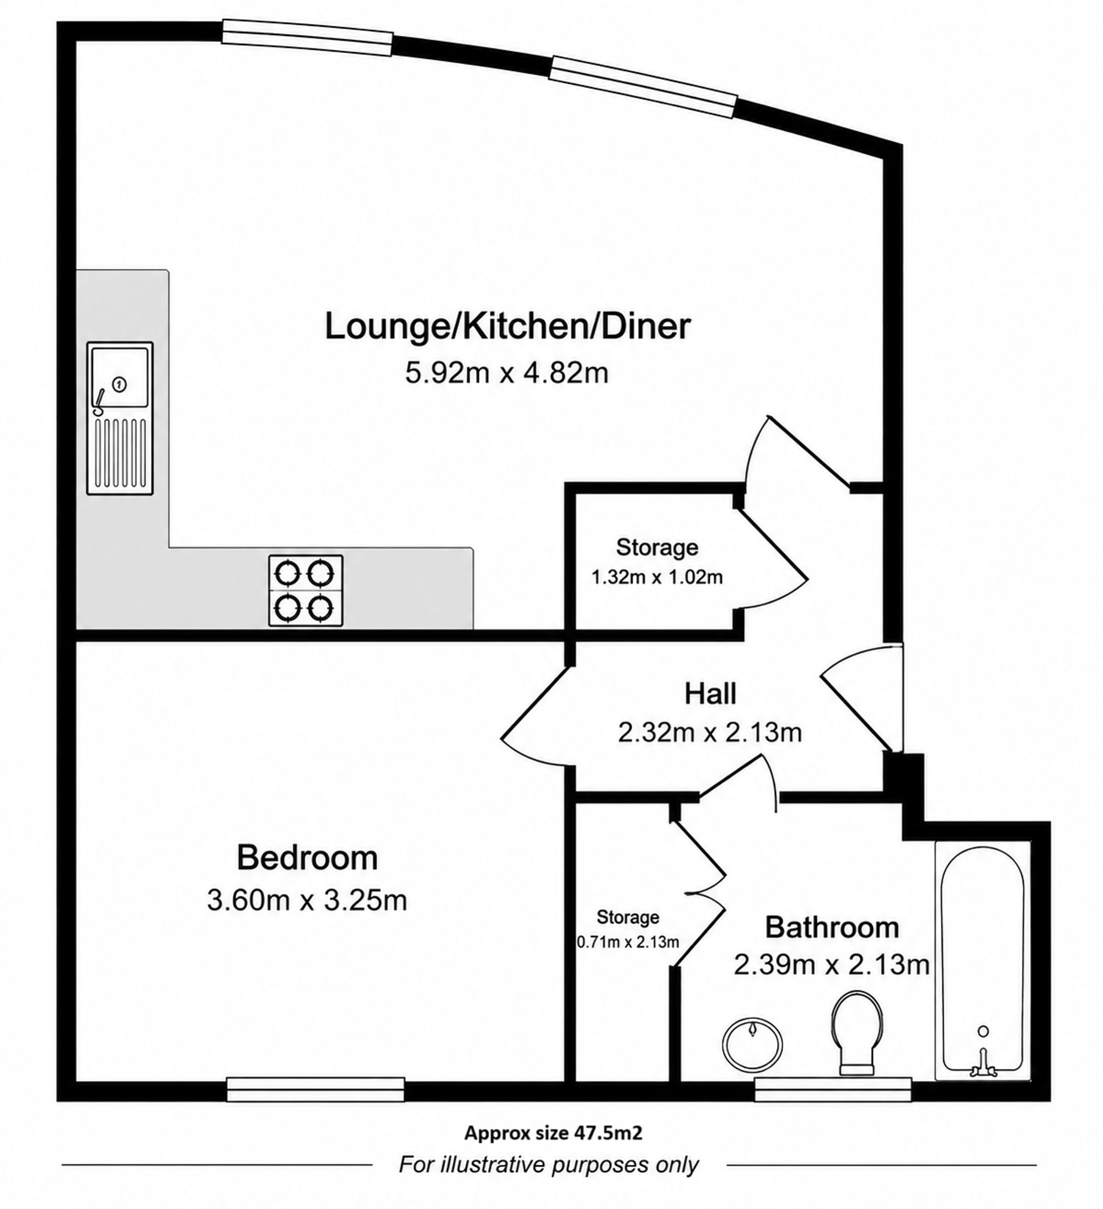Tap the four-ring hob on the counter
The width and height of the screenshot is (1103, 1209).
306,590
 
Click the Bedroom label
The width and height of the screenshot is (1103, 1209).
307,858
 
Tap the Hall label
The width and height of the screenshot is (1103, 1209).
710,694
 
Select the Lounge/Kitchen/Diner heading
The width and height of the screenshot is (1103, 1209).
507,327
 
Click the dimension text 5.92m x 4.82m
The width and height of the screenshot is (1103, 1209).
507,373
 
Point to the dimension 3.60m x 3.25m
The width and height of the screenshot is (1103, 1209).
307,900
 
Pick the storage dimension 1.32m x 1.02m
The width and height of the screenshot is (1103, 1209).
657,577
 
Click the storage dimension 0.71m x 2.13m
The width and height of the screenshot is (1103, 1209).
628,942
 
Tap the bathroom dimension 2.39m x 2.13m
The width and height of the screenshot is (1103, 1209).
832,965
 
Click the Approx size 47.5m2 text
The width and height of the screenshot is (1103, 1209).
554,1132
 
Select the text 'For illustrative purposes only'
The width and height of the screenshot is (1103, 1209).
549,1165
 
